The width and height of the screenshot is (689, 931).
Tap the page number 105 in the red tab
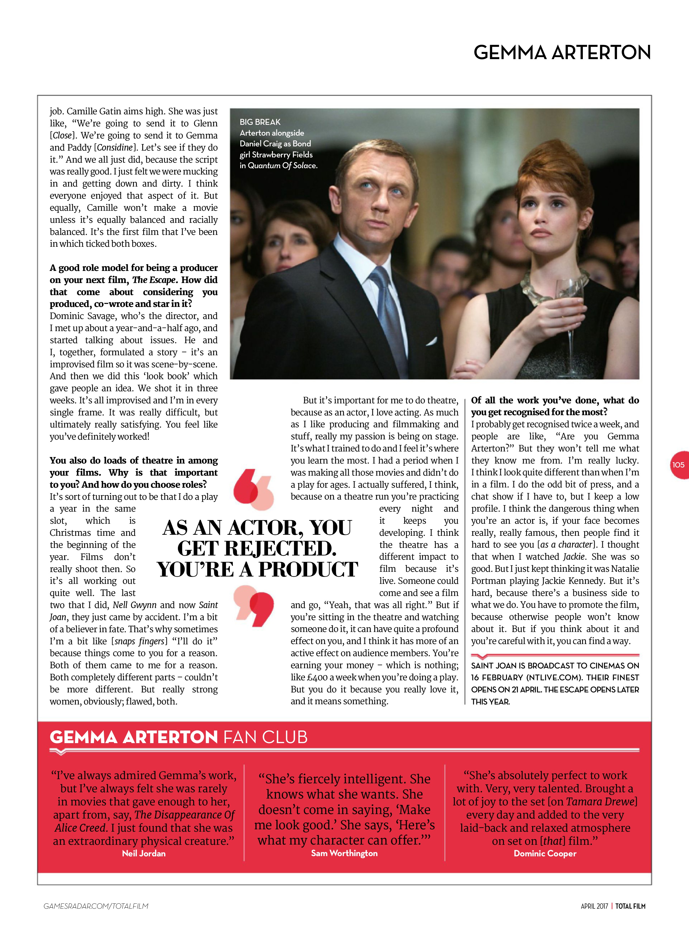pyautogui.click(x=678, y=465)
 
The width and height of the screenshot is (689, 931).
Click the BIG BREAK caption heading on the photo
pyautogui.click(x=260, y=122)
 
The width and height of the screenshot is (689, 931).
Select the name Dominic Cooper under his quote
pyautogui.click(x=545, y=853)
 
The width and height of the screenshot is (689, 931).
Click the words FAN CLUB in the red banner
pyautogui.click(x=265, y=737)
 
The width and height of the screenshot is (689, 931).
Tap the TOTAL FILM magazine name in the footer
pyautogui.click(x=630, y=906)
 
